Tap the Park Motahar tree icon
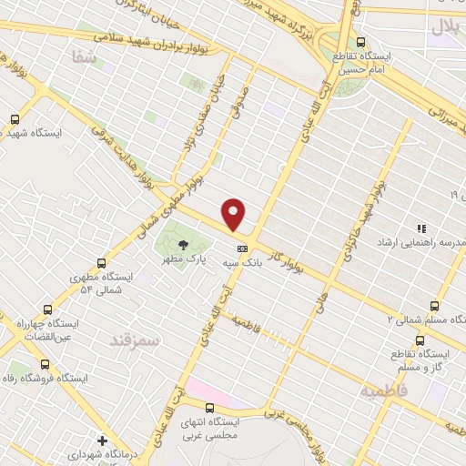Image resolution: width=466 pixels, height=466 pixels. pos(183,244)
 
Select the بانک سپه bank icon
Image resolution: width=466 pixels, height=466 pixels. pos(242,248)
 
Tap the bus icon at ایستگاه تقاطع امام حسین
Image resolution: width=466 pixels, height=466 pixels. pos(361,42)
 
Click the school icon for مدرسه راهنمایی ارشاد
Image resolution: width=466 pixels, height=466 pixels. pos(420,228)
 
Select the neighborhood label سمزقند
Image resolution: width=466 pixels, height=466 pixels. pos(134,339)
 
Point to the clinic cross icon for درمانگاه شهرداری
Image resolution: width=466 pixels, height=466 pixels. pos(102,441)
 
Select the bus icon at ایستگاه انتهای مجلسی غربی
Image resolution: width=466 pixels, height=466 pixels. pos(212,408)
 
